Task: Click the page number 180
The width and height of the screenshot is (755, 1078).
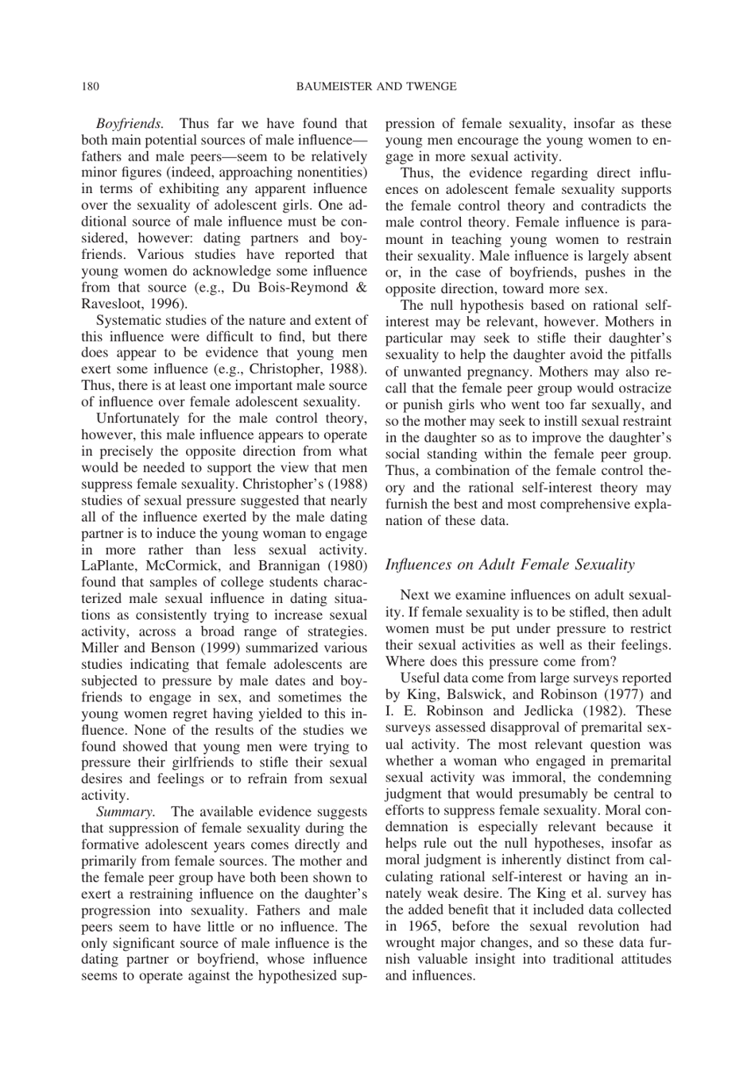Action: (89, 86)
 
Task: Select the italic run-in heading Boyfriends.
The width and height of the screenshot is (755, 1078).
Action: (130, 123)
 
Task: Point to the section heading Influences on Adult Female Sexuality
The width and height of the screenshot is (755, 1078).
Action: (509, 564)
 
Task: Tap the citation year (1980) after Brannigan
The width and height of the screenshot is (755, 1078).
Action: (347, 566)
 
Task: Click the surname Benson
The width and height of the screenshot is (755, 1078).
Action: (172, 647)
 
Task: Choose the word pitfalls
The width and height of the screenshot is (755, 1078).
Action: (647, 354)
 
